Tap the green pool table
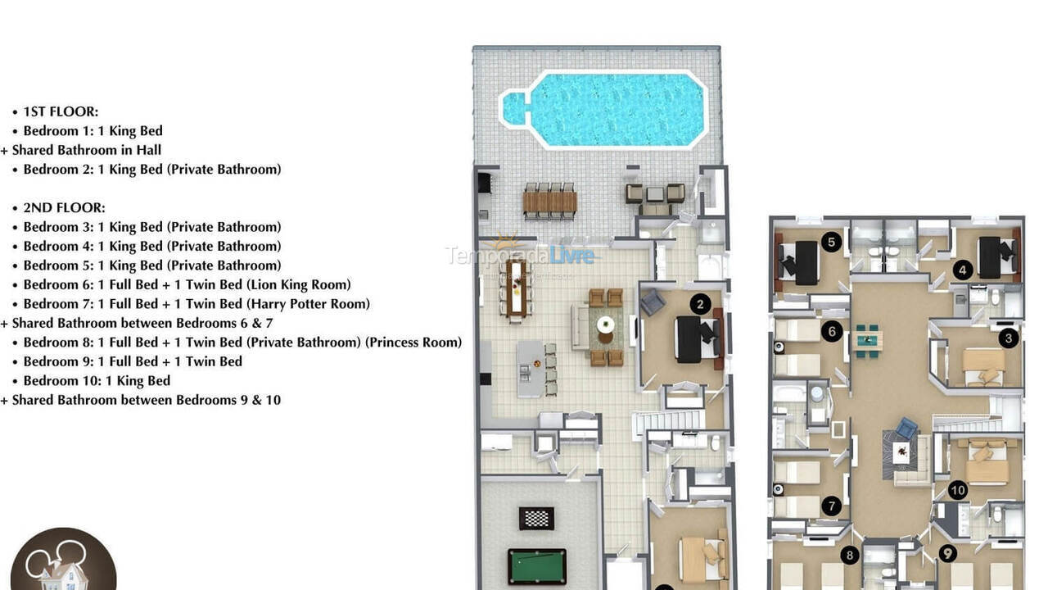click(x=536, y=566)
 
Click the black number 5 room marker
click(x=832, y=241)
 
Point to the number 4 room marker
click(x=963, y=269)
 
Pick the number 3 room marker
click(x=1009, y=337)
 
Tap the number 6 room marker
click(x=832, y=332)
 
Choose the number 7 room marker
click(x=832, y=506)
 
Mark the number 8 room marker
click(x=850, y=556)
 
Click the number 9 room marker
click(x=948, y=554)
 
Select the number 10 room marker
click(x=958, y=491)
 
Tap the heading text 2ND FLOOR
click(x=64, y=208)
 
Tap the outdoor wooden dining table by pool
click(x=549, y=202)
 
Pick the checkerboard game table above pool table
click(x=536, y=518)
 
